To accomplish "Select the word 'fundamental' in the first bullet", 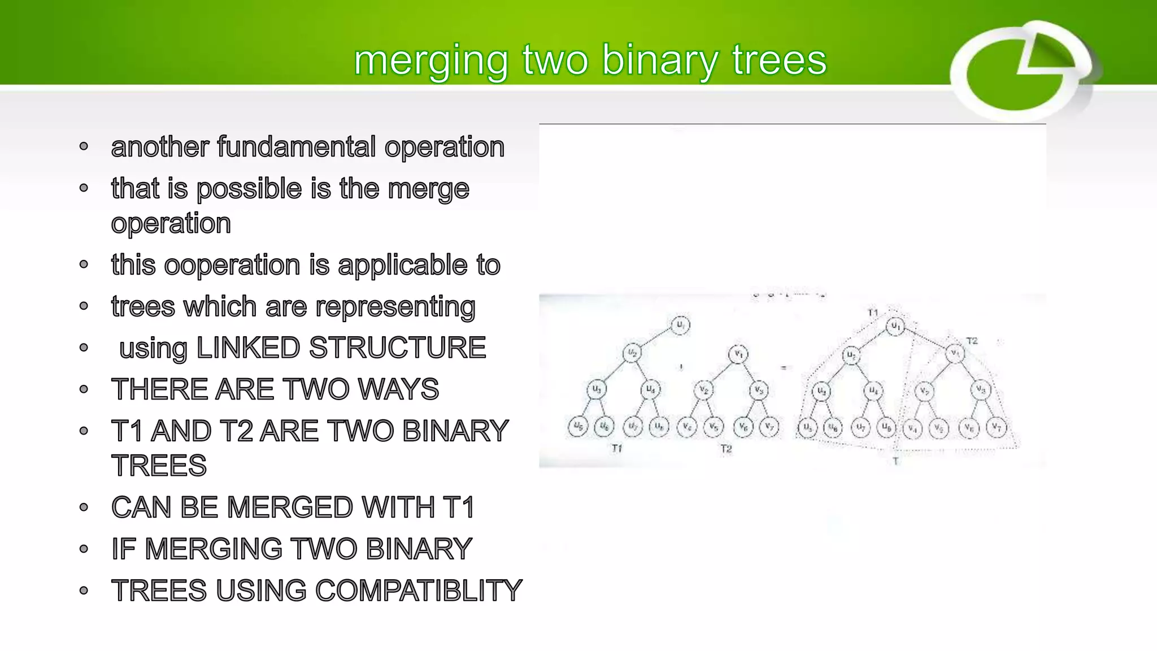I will tap(296, 147).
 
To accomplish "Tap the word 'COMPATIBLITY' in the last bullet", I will tap(419, 591).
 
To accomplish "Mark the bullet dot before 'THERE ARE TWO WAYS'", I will tap(84, 389).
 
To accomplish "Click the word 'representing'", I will tap(395, 307).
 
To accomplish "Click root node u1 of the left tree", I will tap(680, 325).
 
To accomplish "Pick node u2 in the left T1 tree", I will tap(632, 353).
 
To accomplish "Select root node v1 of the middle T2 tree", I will tap(738, 354).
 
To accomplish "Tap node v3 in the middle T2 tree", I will tap(759, 390).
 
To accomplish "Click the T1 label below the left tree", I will tap(617, 448).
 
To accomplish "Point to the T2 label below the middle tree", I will tap(726, 449).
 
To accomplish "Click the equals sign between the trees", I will tap(784, 368).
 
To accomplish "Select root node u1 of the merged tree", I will tap(895, 326).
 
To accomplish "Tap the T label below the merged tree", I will tap(895, 461).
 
